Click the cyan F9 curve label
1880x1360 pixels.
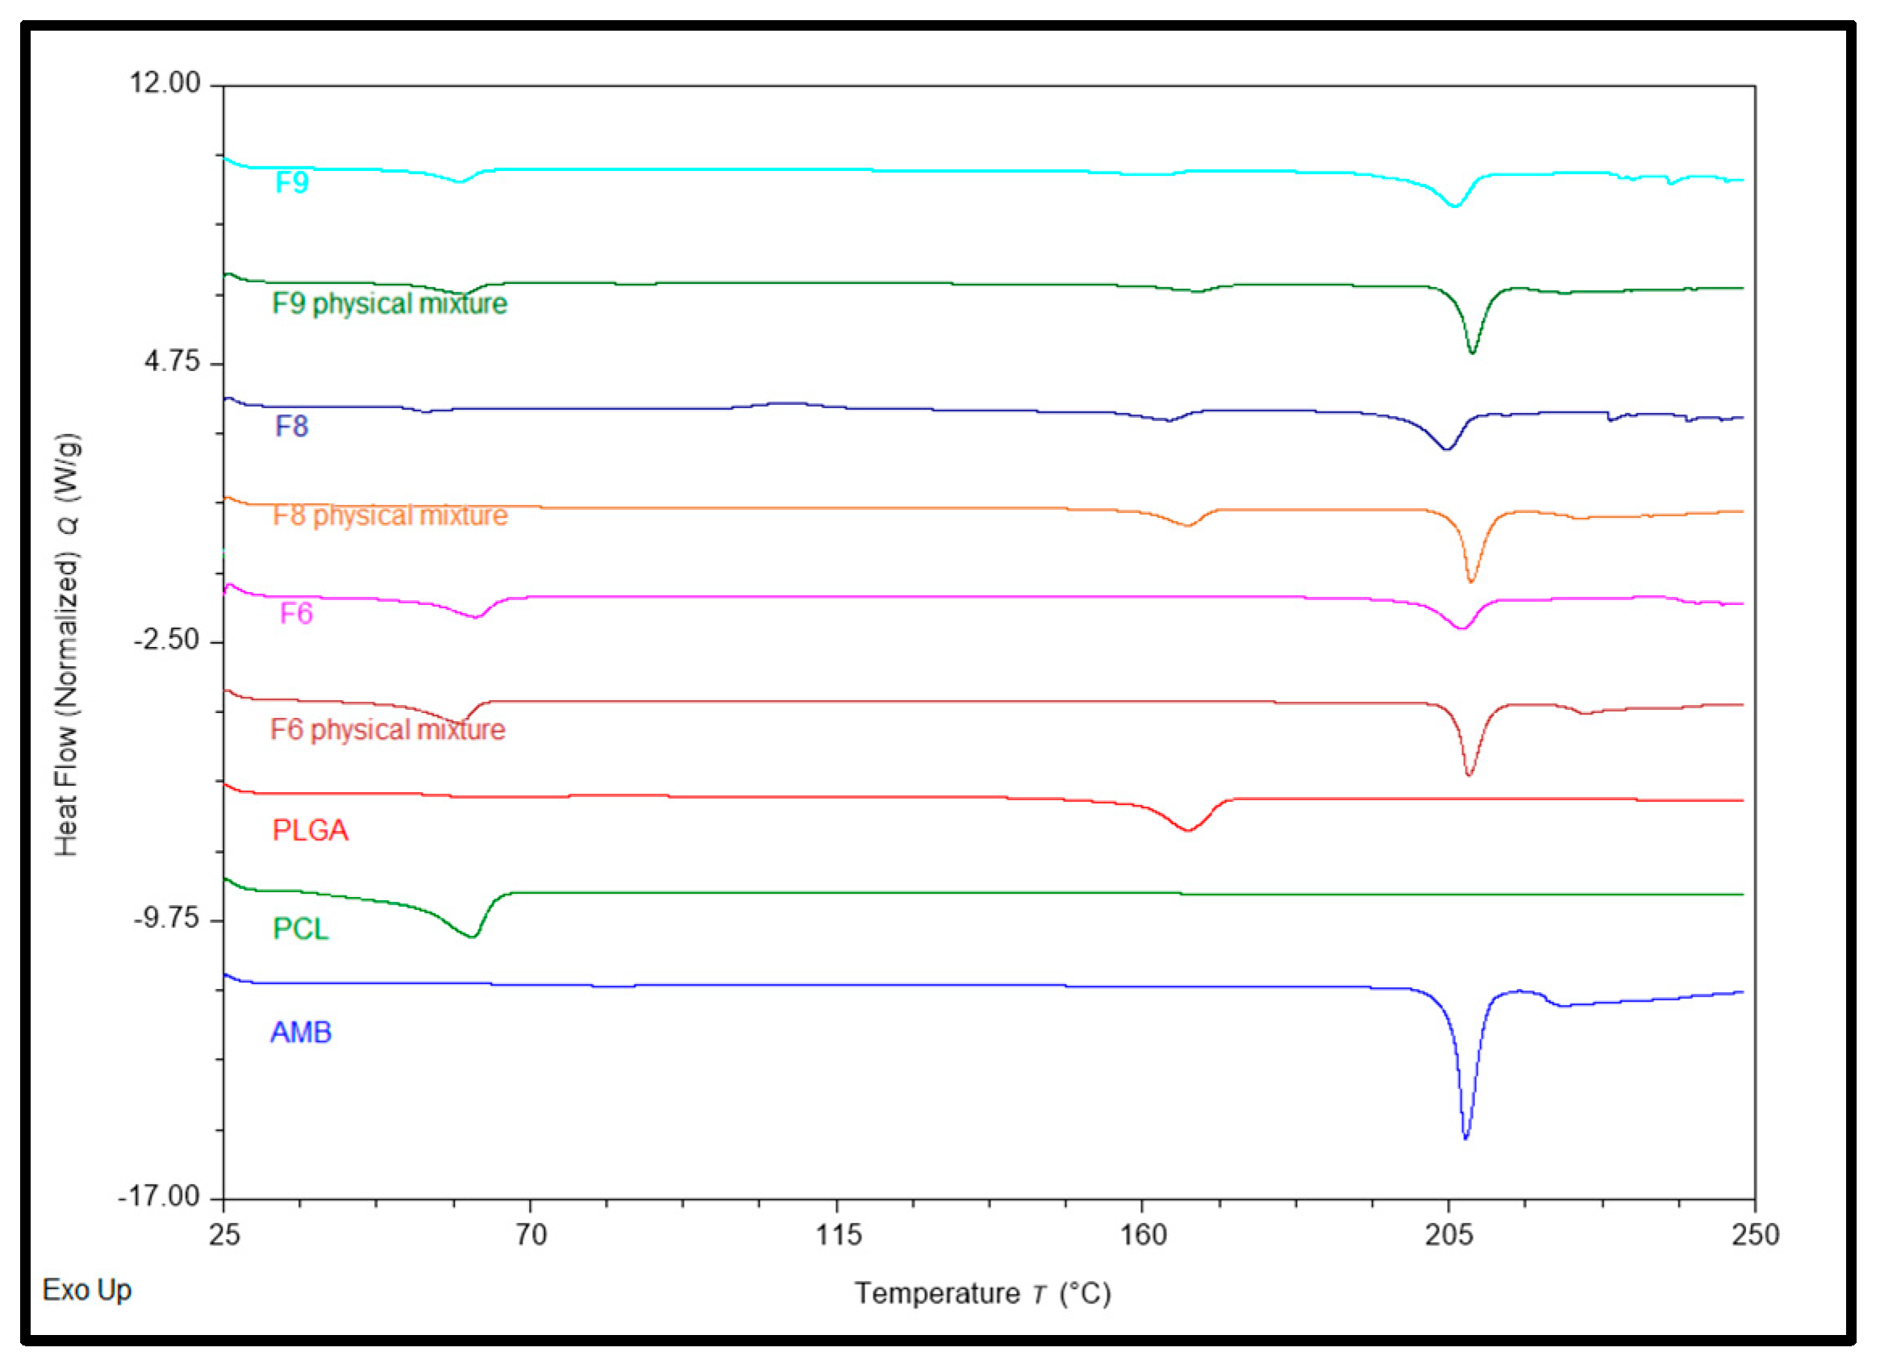(292, 181)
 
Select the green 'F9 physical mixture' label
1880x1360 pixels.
(389, 303)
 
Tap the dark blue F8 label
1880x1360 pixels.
(292, 426)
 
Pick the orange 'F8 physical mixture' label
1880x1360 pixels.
(390, 515)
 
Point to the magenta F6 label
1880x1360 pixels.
(296, 613)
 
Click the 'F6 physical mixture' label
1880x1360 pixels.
(387, 729)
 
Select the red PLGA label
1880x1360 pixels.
(310, 830)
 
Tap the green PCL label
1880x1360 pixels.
(301, 928)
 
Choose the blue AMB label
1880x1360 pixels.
(301, 1033)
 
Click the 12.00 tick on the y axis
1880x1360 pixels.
(165, 83)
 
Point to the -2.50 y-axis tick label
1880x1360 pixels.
(168, 640)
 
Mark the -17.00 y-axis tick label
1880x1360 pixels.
(159, 1196)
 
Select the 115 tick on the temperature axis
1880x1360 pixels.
(838, 1235)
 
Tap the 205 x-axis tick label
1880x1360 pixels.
(1449, 1235)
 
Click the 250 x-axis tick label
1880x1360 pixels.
(1755, 1235)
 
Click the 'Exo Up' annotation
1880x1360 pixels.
(87, 1290)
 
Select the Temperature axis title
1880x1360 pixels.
(982, 1293)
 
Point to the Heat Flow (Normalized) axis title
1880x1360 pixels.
(67, 645)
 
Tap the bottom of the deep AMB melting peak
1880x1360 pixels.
(1465, 1137)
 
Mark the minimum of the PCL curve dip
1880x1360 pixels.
(473, 937)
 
